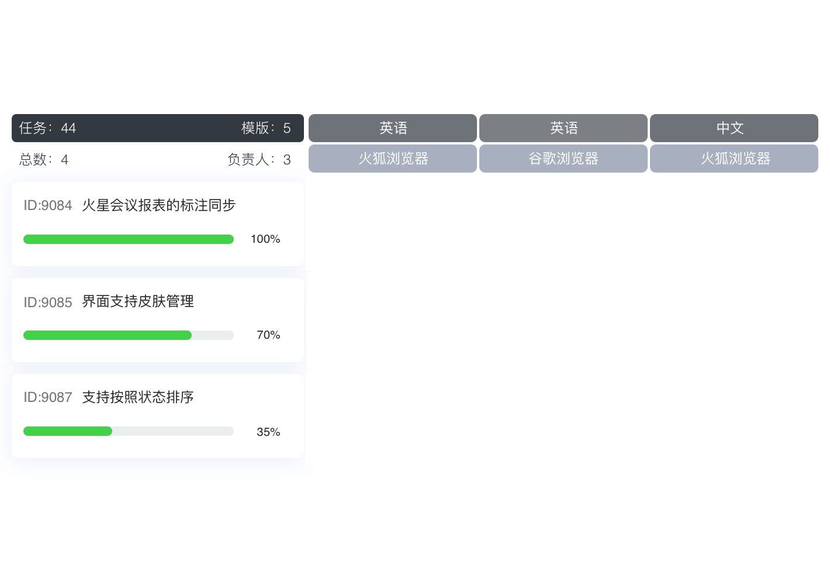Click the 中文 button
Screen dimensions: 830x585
tap(734, 128)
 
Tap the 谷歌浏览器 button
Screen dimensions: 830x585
tap(563, 159)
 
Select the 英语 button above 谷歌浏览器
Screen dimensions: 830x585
tap(563, 128)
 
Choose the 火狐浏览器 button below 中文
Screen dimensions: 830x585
tap(734, 159)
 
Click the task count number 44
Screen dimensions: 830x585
tap(68, 128)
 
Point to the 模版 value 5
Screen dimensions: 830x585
tap(287, 128)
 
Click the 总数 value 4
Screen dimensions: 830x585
tap(64, 160)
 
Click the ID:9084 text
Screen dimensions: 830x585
tap(48, 205)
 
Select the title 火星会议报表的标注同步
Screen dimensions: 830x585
tap(159, 205)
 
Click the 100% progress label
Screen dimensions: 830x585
tap(265, 239)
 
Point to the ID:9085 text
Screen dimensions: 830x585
tap(48, 302)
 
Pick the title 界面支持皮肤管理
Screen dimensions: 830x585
tap(138, 301)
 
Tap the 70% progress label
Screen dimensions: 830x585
tap(268, 335)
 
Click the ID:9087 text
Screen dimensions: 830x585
tap(48, 397)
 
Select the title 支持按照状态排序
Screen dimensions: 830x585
tap(138, 397)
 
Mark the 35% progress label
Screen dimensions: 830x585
tap(268, 432)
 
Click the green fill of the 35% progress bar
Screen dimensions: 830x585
tap(68, 431)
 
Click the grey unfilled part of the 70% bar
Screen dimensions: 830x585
tap(213, 335)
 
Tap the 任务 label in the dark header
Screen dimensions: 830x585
tap(33, 128)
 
